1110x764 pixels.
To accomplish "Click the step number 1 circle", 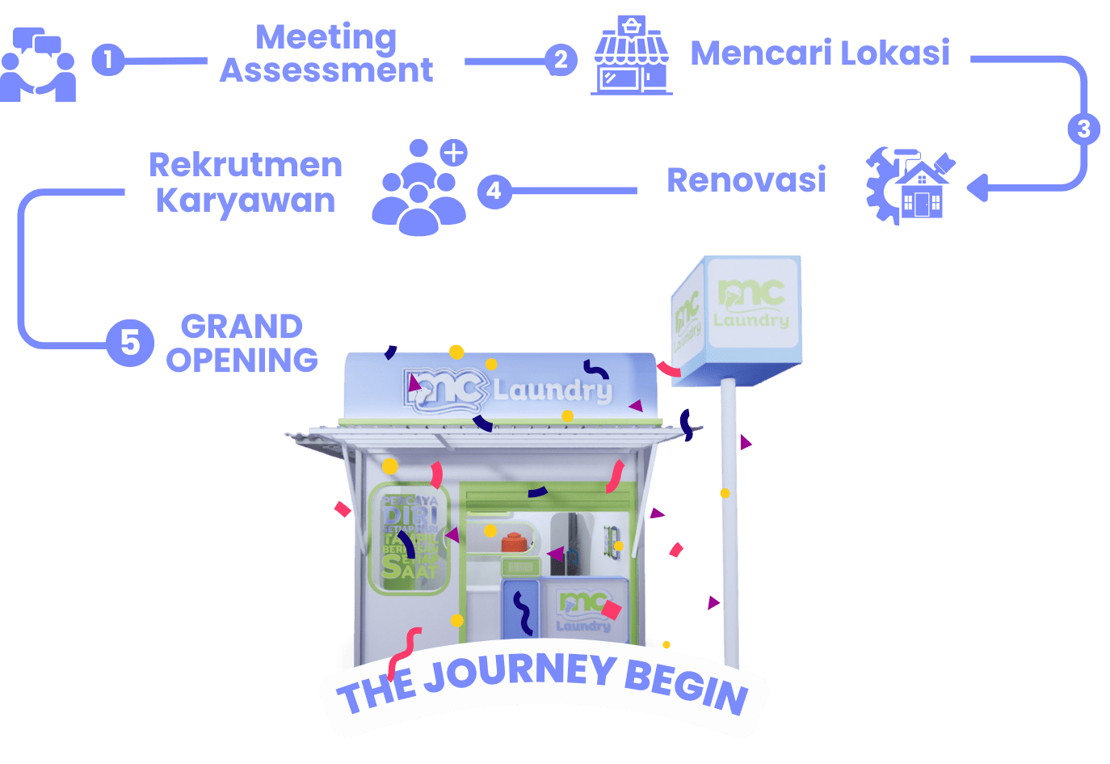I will click(107, 59).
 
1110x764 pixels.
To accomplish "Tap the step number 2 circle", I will click(561, 59).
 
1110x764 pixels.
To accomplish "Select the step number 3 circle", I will click(1084, 129).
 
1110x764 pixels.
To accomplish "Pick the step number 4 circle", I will click(494, 191).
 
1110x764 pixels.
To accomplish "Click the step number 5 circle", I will click(130, 342).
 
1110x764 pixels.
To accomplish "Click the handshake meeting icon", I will click(37, 65).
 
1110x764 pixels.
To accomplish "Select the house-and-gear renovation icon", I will click(910, 185).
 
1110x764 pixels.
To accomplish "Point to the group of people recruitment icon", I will click(418, 189).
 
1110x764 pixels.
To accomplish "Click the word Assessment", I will click(326, 70).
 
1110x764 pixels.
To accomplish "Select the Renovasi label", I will click(746, 179).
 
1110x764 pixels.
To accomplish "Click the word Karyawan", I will click(245, 200).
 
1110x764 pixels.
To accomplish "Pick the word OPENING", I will click(242, 360).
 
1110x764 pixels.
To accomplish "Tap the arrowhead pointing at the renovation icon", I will click(978, 188).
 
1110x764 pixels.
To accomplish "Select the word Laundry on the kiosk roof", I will click(553, 390).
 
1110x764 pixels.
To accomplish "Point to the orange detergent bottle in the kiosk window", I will click(514, 541).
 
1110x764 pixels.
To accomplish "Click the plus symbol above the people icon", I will click(454, 152).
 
